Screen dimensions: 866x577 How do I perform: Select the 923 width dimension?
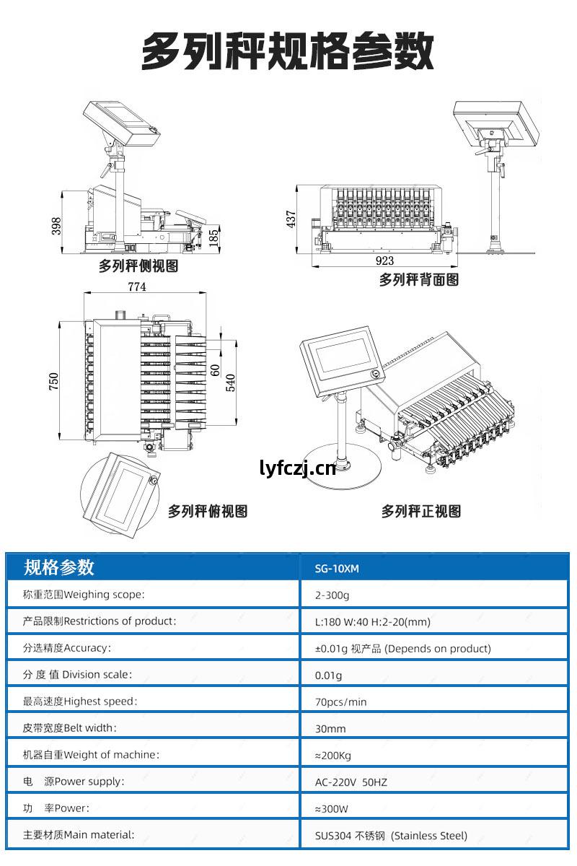384,261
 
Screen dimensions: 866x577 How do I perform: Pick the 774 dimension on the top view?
137,287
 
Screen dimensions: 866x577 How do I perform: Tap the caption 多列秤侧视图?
138,266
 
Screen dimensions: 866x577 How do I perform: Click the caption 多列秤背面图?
419,280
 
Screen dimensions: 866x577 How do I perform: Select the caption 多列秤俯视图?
208,511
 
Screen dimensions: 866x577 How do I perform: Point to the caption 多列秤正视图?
421,511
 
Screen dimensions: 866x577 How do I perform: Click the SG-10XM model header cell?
337,569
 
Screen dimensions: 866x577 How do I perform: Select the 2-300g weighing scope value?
332,595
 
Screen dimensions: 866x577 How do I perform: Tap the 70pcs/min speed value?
340,701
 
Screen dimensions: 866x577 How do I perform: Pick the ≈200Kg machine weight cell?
333,756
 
